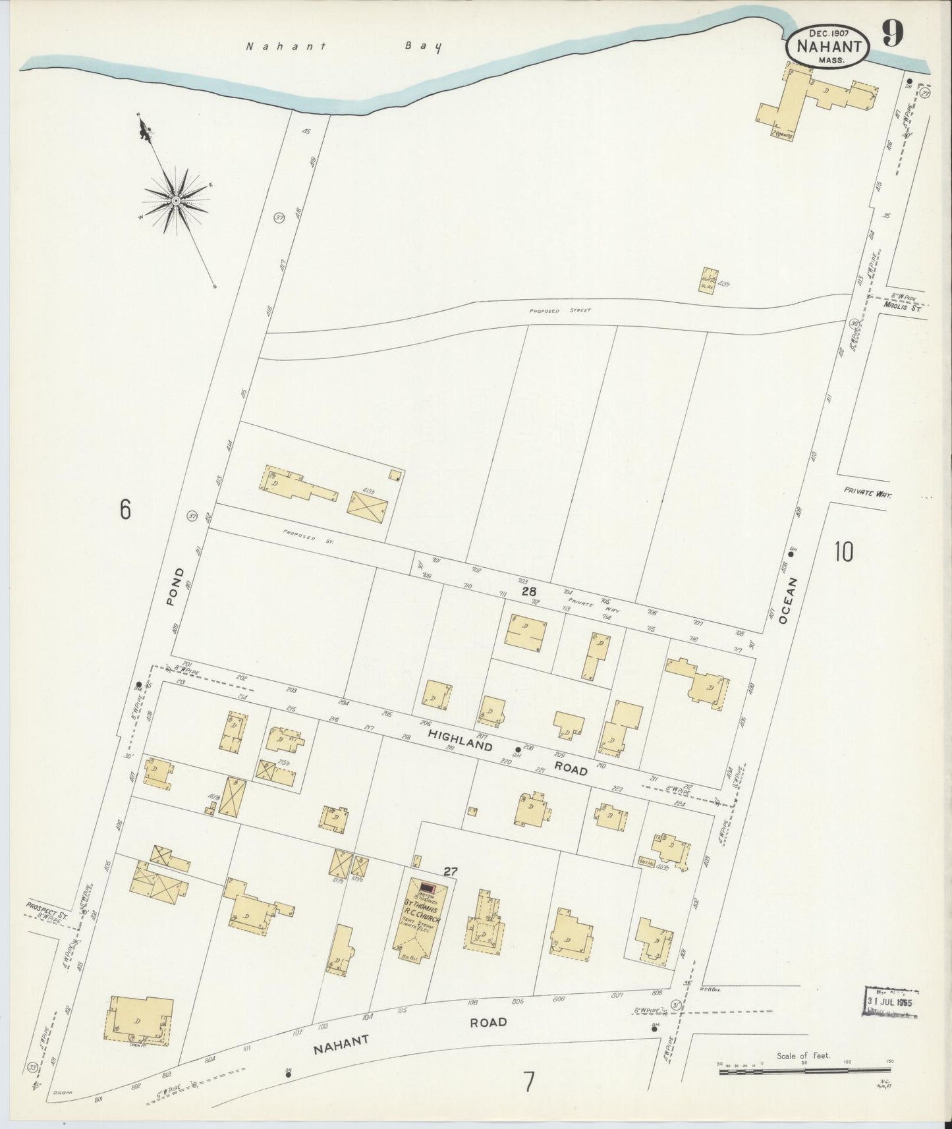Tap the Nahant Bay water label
tap(343, 47)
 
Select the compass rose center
tap(177, 200)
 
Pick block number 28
tap(528, 592)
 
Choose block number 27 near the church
tap(450, 871)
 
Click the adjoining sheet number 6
tap(126, 509)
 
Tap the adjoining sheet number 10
tap(843, 551)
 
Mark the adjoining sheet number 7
tap(528, 1083)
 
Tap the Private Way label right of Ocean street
tap(867, 492)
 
